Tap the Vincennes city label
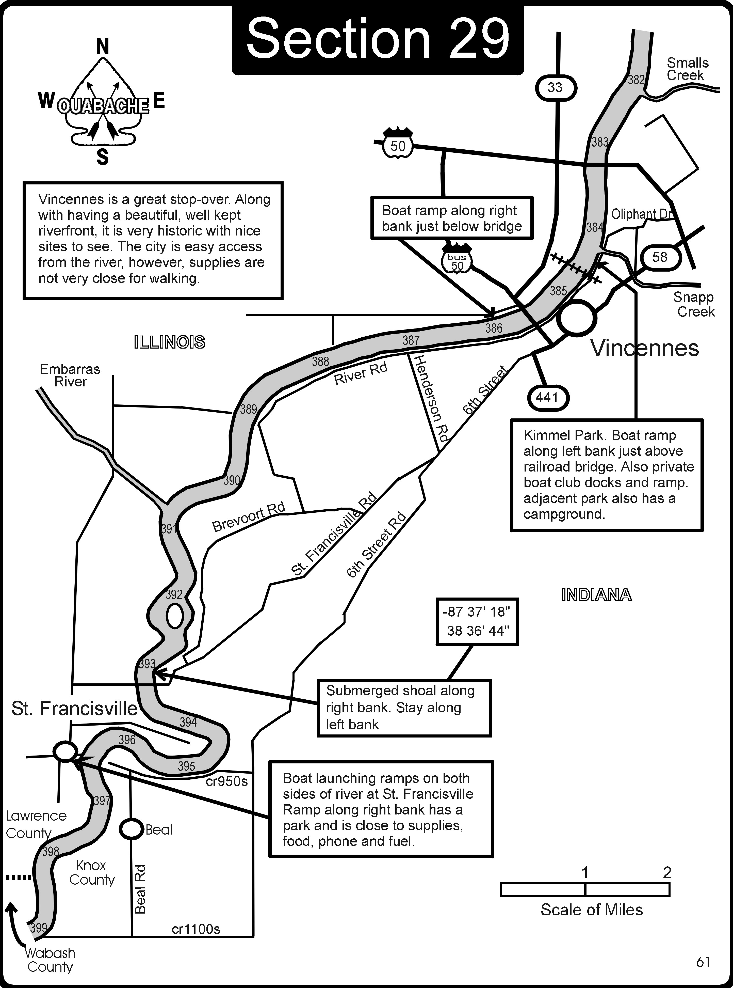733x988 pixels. (644, 348)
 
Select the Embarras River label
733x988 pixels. (70, 375)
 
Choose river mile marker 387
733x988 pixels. (411, 340)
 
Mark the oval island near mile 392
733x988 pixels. (175, 617)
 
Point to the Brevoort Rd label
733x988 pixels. (249, 517)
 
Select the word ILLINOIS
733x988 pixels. (170, 342)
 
